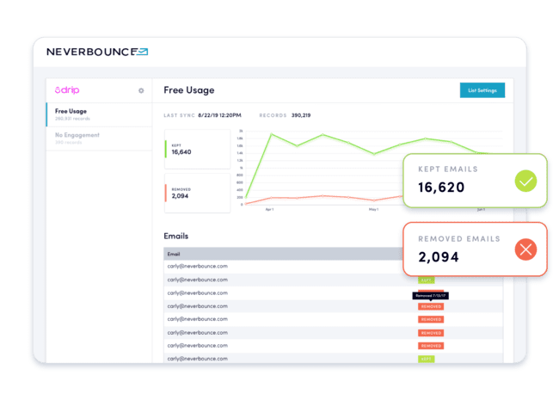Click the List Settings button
pos(482,89)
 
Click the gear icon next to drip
pos(141,90)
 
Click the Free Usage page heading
pos(188,90)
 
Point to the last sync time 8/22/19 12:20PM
pos(220,115)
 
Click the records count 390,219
pos(301,115)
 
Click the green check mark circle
pos(525,181)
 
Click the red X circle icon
pos(525,249)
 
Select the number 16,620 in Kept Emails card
pos(442,187)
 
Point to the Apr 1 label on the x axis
pos(269,209)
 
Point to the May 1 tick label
pos(372,209)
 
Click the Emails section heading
pos(175,235)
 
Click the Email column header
pos(174,255)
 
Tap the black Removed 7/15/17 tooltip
pos(430,295)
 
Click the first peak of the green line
pos(271,134)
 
